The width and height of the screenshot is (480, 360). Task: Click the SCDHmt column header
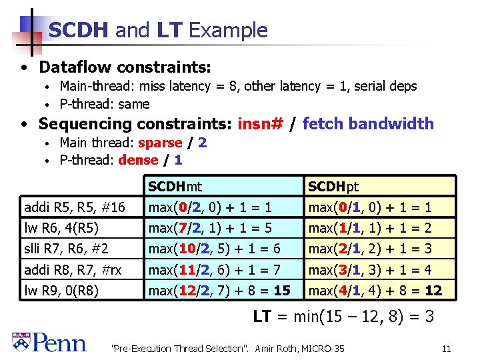[175, 187]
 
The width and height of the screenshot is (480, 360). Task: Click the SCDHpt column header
[333, 187]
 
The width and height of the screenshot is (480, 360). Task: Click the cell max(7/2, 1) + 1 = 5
[210, 228]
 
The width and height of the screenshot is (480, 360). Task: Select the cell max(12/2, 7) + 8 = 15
[219, 291]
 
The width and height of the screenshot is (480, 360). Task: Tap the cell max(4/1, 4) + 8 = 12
[375, 291]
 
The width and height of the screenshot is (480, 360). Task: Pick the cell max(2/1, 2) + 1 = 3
[370, 249]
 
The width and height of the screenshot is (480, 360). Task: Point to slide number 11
[446, 348]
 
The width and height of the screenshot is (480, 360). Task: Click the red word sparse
[160, 143]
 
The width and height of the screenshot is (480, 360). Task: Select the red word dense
[138, 160]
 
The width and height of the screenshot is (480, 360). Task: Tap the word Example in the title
[228, 30]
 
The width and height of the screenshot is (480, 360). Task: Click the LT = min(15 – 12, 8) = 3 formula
[343, 317]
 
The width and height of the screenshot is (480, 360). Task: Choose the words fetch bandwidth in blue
[368, 124]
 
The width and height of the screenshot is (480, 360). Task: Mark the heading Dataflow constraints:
[125, 67]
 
